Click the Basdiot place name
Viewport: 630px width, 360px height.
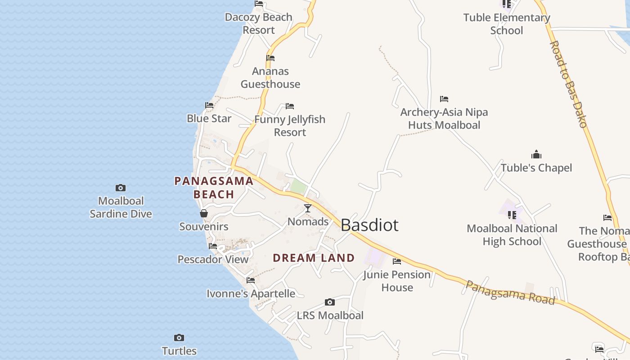coord(369,225)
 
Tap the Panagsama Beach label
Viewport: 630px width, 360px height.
coord(214,188)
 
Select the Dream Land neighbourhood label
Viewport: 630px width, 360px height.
coord(314,258)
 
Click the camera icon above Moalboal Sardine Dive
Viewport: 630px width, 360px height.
coord(121,188)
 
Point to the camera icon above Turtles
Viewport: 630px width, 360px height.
coord(179,338)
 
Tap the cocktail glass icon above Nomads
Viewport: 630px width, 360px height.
coord(308,208)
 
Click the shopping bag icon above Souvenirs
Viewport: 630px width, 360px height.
coord(204,213)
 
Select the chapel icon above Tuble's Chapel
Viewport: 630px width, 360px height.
coord(536,155)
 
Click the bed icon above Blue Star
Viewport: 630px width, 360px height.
coord(209,105)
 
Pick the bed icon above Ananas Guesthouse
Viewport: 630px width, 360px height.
coord(270,58)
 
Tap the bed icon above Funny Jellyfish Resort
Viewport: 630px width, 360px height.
coord(290,106)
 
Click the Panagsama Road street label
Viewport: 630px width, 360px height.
coord(510,292)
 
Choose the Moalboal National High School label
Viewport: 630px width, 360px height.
coord(512,235)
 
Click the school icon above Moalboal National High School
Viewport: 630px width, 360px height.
coord(512,215)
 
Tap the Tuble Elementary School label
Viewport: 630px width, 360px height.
coord(507,24)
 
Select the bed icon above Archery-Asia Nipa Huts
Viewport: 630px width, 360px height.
coord(444,99)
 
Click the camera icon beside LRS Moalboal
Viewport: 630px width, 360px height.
coord(330,302)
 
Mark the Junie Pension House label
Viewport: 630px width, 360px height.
coord(397,281)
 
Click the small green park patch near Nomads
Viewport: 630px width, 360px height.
coord(298,186)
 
